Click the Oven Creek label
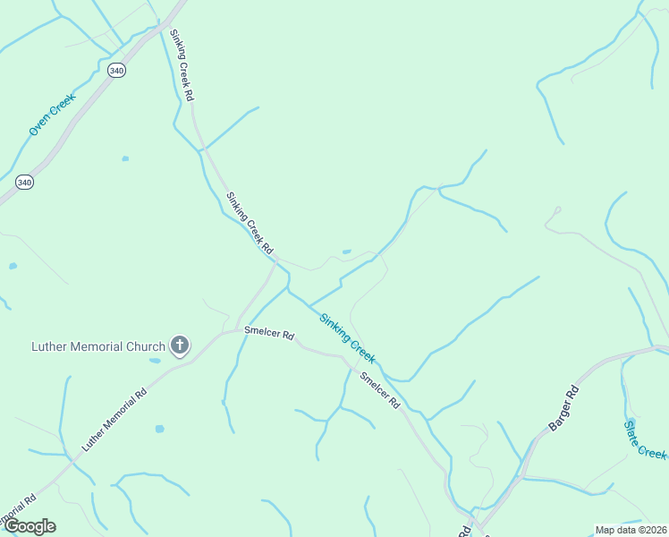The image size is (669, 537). (52, 115)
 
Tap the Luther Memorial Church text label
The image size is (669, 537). (98, 346)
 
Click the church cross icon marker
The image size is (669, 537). (180, 345)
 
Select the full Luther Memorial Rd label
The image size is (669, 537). (114, 419)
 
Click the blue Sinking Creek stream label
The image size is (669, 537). (347, 337)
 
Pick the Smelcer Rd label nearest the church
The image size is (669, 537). (268, 335)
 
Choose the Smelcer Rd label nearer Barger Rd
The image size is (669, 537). (379, 390)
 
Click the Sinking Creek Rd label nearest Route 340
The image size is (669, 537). (181, 64)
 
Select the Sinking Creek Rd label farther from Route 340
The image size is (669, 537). (249, 223)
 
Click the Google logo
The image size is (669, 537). (30, 526)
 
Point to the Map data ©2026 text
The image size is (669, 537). (631, 530)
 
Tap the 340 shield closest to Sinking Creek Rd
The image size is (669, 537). (115, 69)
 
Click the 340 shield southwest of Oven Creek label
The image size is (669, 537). (24, 182)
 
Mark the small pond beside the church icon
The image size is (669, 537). (156, 361)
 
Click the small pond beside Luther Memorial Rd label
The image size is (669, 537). (159, 429)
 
